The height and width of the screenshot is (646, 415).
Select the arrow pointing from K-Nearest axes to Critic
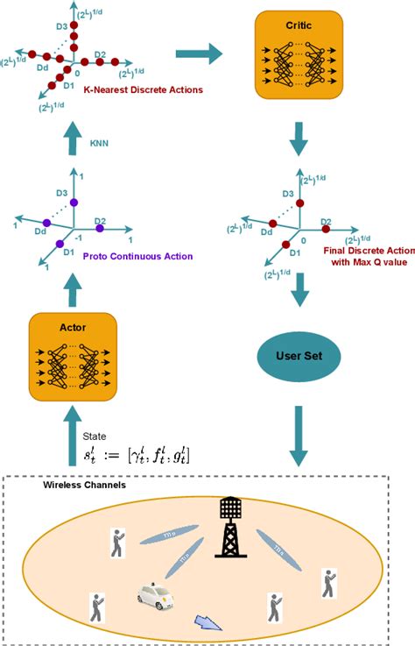(x=200, y=54)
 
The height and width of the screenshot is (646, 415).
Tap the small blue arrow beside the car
(x=208, y=622)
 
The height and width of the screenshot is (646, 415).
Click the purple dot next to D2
(x=100, y=228)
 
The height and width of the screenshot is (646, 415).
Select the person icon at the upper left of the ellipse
(x=116, y=543)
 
